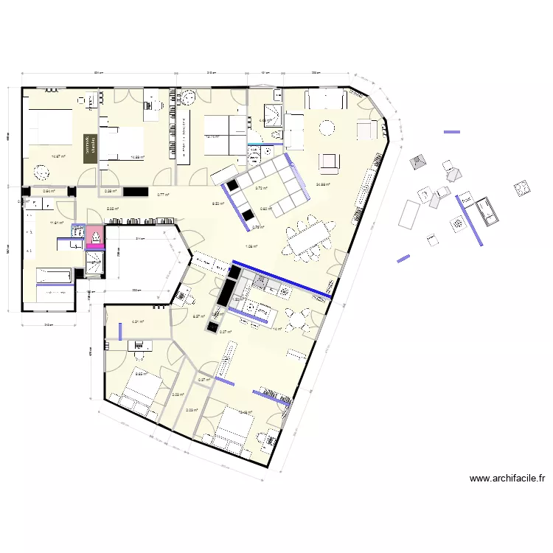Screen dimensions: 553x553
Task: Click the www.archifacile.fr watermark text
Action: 507,479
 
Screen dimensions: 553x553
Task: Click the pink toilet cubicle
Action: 95,237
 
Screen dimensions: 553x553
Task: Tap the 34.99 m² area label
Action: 322,184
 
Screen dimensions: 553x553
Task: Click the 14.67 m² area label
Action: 58,156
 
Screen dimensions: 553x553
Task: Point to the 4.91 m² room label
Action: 137,321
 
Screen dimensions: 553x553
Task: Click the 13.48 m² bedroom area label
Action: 246,412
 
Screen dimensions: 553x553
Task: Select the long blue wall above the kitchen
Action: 280,279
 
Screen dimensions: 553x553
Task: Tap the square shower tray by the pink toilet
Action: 95,262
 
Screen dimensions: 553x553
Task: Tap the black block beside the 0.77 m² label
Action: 136,192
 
